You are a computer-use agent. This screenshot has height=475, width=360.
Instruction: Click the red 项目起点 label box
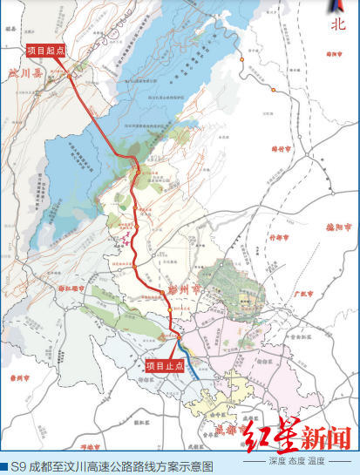pos(46,50)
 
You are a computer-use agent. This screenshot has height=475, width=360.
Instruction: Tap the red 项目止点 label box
pos(164,366)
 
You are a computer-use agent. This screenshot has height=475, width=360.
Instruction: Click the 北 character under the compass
pos(338,25)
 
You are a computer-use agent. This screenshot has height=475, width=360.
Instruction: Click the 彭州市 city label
pos(184,286)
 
